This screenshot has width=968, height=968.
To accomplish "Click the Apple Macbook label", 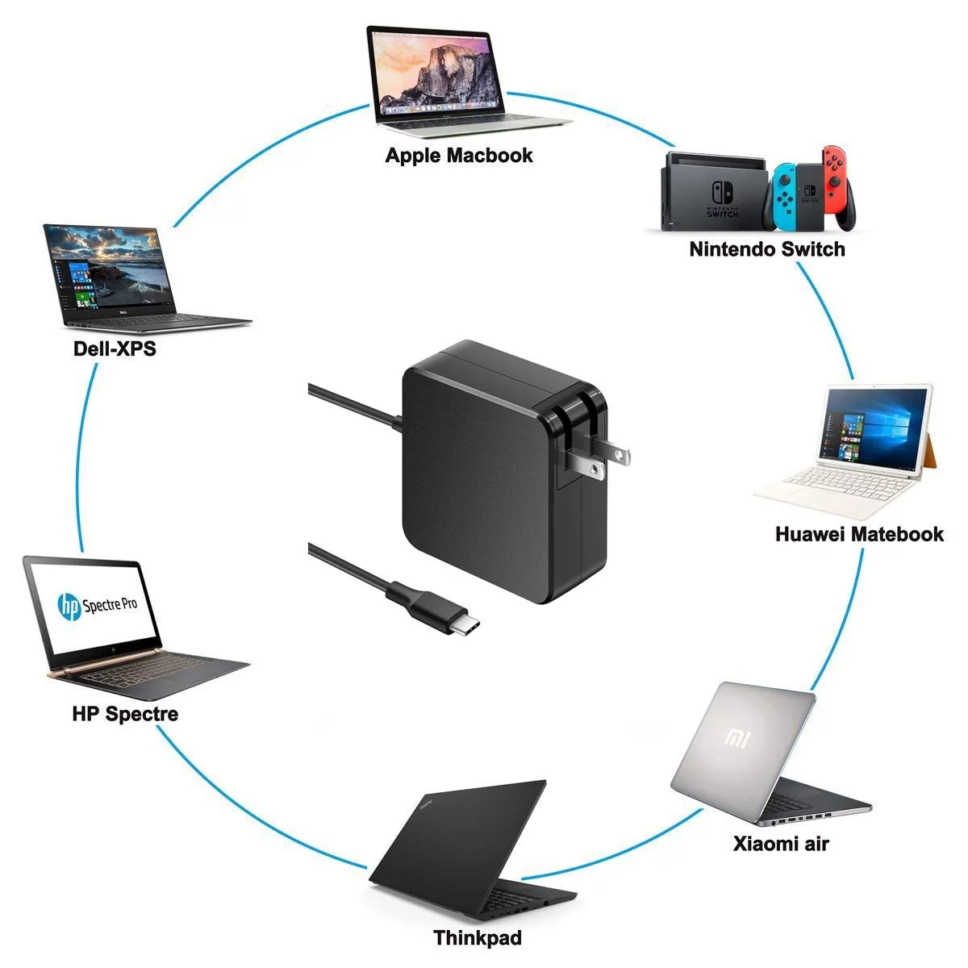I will (459, 155).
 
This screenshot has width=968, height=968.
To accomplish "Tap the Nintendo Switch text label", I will (766, 249).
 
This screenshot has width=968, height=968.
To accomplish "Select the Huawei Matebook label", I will (858, 534).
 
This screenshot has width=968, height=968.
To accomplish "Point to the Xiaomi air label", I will (781, 845).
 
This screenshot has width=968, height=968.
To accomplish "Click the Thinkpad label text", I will (478, 938).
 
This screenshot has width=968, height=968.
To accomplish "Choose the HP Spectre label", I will (125, 714).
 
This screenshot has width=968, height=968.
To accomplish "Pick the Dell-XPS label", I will (115, 349).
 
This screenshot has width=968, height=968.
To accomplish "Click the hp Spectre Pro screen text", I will (97, 605).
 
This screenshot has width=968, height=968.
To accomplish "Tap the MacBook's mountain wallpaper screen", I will (436, 72).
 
